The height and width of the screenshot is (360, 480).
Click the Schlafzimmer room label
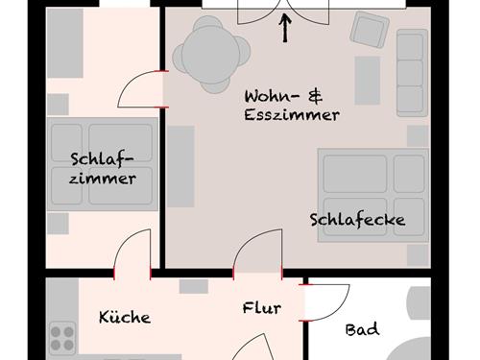tap(103, 168)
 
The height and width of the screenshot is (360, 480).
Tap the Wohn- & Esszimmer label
tap(292, 106)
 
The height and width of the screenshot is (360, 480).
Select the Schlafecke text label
tap(357, 220)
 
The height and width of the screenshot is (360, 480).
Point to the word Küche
tap(125, 317)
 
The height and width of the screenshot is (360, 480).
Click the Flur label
tap(261, 308)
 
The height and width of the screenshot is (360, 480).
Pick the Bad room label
tap(362, 329)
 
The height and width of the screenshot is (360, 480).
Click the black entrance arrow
tap(286, 29)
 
